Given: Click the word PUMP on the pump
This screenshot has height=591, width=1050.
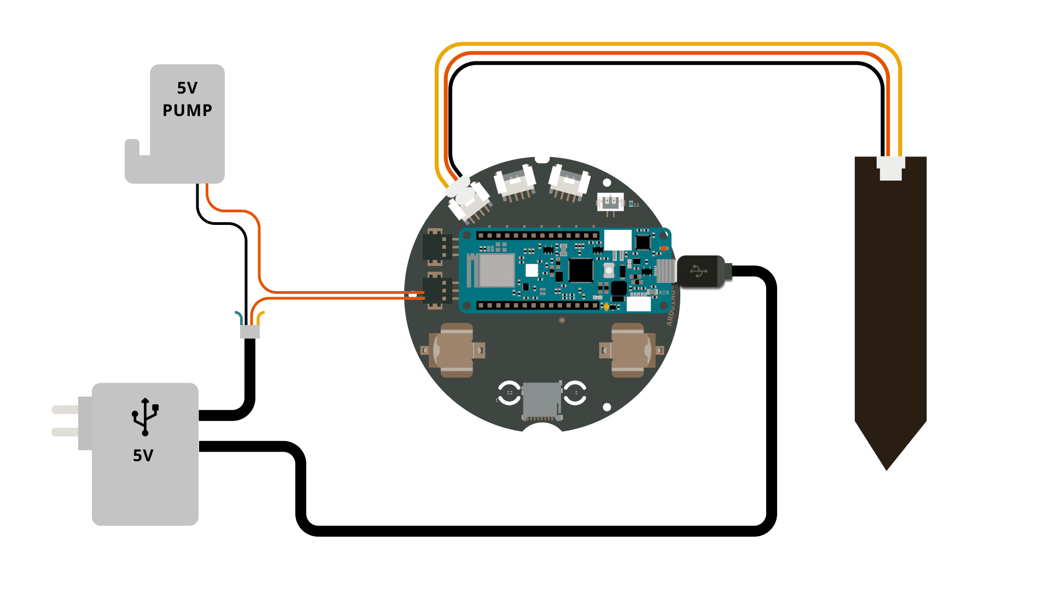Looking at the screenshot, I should [x=187, y=111].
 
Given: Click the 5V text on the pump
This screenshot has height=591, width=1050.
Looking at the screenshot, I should [x=187, y=88].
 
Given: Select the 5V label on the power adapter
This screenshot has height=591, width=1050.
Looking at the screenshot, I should [x=143, y=455].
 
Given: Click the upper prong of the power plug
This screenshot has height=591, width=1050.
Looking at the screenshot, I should [x=66, y=409].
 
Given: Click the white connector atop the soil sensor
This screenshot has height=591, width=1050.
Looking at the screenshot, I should [x=891, y=168].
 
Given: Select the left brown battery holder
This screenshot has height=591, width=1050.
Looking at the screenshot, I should [x=454, y=350].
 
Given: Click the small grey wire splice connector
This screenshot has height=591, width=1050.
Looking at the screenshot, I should [x=250, y=332].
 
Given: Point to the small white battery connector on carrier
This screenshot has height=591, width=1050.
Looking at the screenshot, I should [x=610, y=202].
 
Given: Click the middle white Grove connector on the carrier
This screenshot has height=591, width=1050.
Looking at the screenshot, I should [x=515, y=182].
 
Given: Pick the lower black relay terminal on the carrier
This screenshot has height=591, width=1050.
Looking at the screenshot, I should [x=435, y=291].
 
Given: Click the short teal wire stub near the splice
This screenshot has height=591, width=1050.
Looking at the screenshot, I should [x=239, y=317].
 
